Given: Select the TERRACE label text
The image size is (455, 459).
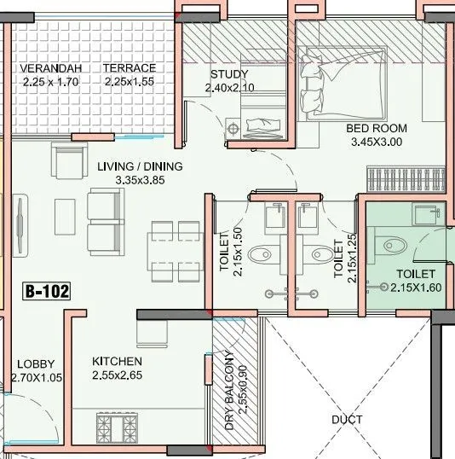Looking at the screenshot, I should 129,68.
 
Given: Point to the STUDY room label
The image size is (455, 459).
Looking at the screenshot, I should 228,73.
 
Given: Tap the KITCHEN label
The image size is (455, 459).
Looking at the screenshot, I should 117,362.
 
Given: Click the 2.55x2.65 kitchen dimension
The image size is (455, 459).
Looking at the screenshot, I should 117,375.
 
